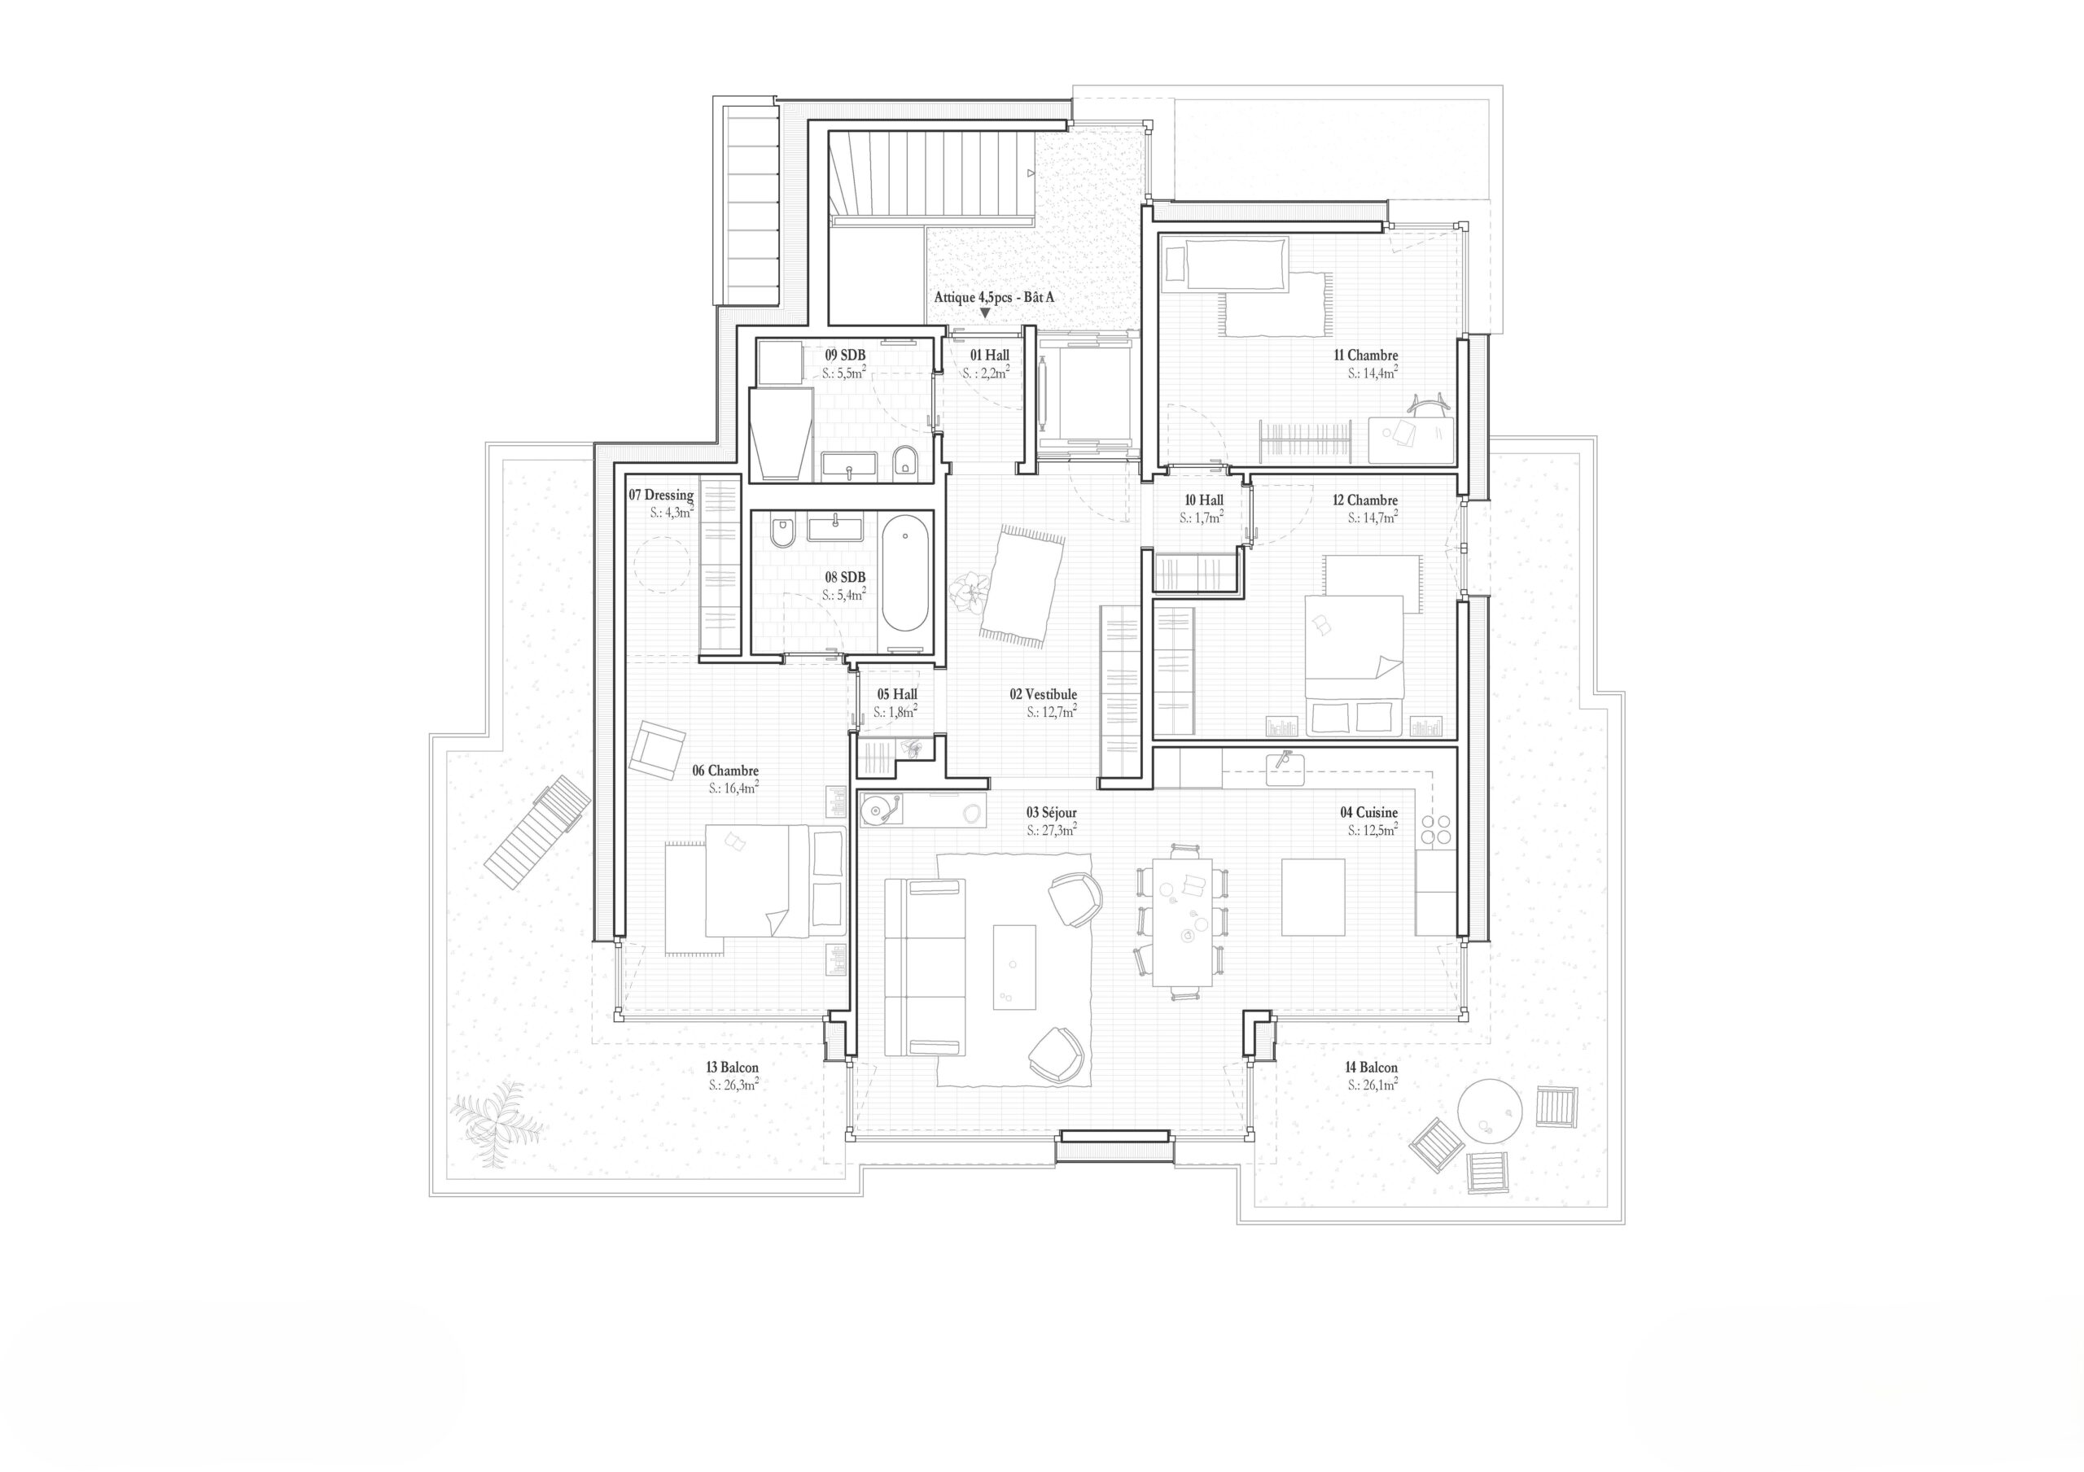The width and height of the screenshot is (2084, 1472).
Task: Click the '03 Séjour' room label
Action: tap(1052, 812)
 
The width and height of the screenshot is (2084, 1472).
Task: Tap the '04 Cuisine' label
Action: tap(1368, 812)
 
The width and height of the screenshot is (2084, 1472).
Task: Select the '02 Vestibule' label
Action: tap(1043, 694)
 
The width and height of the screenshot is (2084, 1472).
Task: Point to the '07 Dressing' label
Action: tap(661, 496)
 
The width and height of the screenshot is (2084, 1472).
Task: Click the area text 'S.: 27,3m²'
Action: tap(1052, 830)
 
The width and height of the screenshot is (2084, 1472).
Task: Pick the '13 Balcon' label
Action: tap(733, 1068)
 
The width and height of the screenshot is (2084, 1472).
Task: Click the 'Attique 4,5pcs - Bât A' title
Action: tap(994, 298)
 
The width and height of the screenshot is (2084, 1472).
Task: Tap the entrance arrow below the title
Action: tap(985, 313)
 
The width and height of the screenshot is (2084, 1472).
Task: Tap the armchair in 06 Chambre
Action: tap(656, 749)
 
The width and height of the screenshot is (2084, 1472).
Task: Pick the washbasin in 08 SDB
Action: tap(834, 526)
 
